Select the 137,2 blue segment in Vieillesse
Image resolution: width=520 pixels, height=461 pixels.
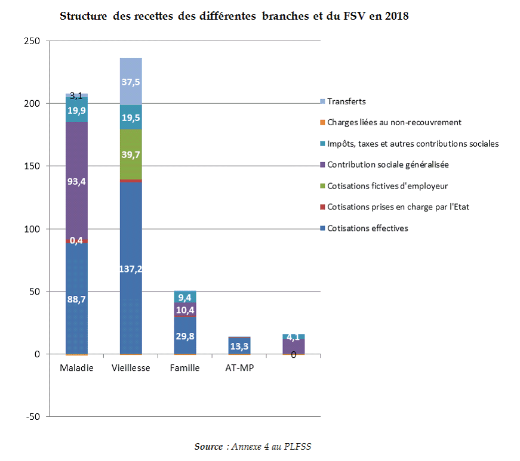pyautogui.click(x=131, y=268)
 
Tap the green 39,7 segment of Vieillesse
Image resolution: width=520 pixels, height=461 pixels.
pyautogui.click(x=131, y=154)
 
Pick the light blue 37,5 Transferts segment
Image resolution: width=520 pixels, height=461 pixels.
pyautogui.click(x=131, y=81)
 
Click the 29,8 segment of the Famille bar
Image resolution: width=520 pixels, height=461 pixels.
pyautogui.click(x=185, y=336)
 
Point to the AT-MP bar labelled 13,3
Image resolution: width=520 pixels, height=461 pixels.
pyautogui.click(x=239, y=345)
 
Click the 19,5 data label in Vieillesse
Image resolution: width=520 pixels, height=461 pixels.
pyautogui.click(x=131, y=117)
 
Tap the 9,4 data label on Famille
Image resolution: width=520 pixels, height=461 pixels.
pyautogui.click(x=185, y=298)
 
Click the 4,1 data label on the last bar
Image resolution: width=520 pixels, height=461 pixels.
pyautogui.click(x=293, y=337)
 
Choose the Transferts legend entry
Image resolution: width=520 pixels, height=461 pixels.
pyautogui.click(x=346, y=101)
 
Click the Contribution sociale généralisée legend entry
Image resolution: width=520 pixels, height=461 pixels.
pyautogui.click(x=387, y=165)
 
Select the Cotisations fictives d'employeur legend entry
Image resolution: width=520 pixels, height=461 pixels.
pyautogui.click(x=387, y=186)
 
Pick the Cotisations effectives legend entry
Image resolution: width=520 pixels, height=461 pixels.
pyautogui.click(x=368, y=228)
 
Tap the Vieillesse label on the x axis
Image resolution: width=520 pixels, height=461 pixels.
pyautogui.click(x=131, y=368)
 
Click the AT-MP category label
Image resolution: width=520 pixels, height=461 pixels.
pyautogui.click(x=239, y=368)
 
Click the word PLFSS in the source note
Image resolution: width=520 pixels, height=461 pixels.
pyautogui.click(x=300, y=446)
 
